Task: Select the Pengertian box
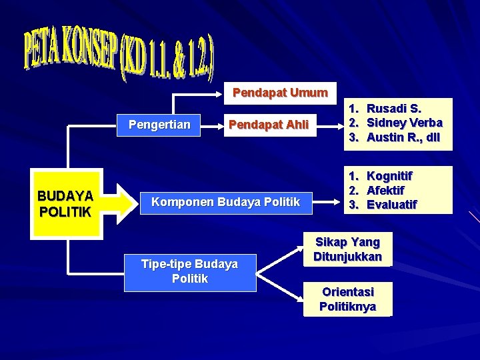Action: click(x=159, y=124)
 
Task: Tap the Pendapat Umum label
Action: click(x=280, y=93)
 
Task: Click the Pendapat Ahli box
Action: click(x=269, y=124)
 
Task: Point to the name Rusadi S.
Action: click(x=394, y=108)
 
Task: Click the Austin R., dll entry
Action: click(x=403, y=137)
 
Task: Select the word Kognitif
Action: click(x=389, y=176)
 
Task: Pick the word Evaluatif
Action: click(x=392, y=205)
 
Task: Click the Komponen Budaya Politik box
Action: click(x=226, y=202)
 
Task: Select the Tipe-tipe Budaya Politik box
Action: click(x=190, y=271)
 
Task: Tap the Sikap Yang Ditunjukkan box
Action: click(x=347, y=249)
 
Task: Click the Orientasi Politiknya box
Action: click(x=347, y=299)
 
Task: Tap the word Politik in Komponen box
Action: click(x=283, y=202)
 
